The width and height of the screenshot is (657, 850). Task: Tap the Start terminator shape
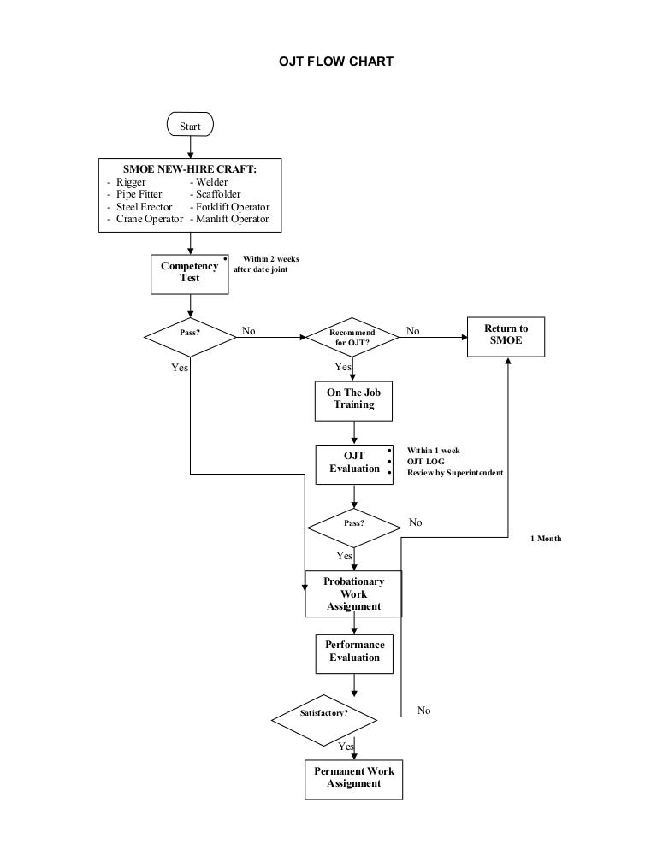[x=190, y=126]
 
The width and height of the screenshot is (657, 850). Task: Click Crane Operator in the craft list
[x=145, y=219]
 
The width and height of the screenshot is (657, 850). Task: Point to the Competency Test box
[x=189, y=272]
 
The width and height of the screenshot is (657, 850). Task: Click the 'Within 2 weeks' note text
[x=271, y=258]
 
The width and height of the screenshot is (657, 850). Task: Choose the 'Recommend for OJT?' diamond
[x=352, y=337]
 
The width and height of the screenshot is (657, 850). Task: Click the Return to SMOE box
[x=506, y=334]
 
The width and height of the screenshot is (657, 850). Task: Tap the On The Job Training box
[x=353, y=398]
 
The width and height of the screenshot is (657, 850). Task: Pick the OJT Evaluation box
[x=354, y=463]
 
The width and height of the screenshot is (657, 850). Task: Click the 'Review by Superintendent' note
[x=454, y=473]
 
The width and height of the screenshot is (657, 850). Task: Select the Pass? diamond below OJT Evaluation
[x=353, y=523]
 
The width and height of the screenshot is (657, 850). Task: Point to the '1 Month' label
[x=546, y=539]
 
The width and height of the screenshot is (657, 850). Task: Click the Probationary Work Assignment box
[x=353, y=593]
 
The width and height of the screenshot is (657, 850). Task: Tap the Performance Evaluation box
[x=354, y=652]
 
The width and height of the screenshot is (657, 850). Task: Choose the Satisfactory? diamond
[x=323, y=712]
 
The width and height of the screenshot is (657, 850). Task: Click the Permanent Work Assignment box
[x=353, y=777]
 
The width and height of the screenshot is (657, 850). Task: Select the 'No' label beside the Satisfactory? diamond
[x=423, y=711]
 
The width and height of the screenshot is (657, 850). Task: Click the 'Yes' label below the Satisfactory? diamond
[x=346, y=747]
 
